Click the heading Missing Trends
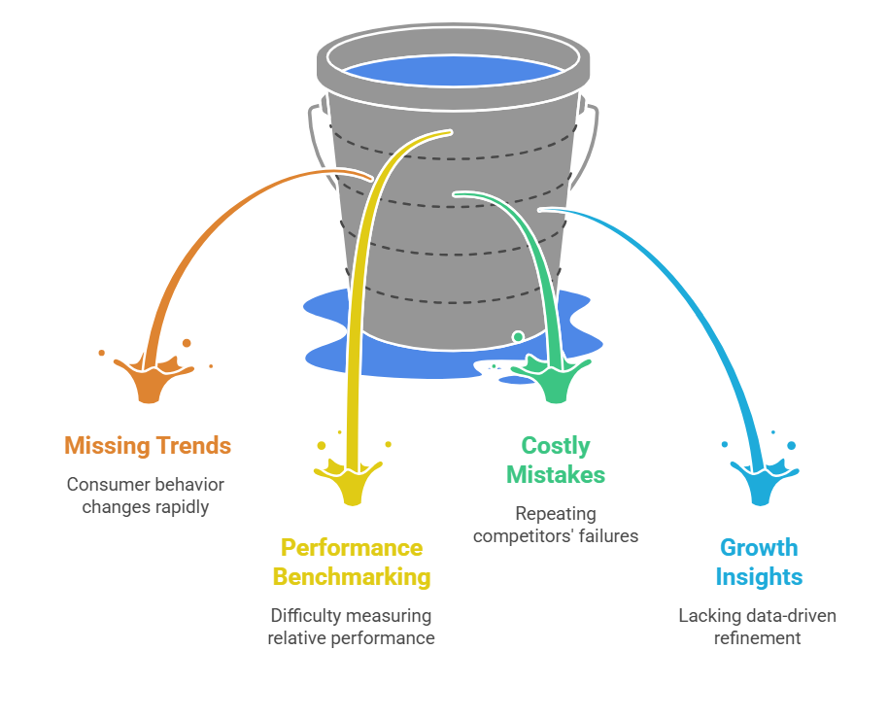(148, 446)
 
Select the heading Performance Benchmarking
(351, 562)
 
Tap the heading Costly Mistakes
(556, 461)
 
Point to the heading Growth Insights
(759, 562)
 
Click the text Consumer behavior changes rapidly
(145, 496)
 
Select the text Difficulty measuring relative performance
(351, 627)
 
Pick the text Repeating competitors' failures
(556, 524)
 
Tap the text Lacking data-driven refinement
(757, 627)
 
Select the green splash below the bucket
(552, 378)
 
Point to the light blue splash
(765, 483)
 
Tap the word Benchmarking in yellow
(351, 576)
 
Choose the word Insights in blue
(759, 576)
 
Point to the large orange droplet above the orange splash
(187, 343)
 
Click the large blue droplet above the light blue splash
(791, 446)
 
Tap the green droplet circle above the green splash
(518, 336)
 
